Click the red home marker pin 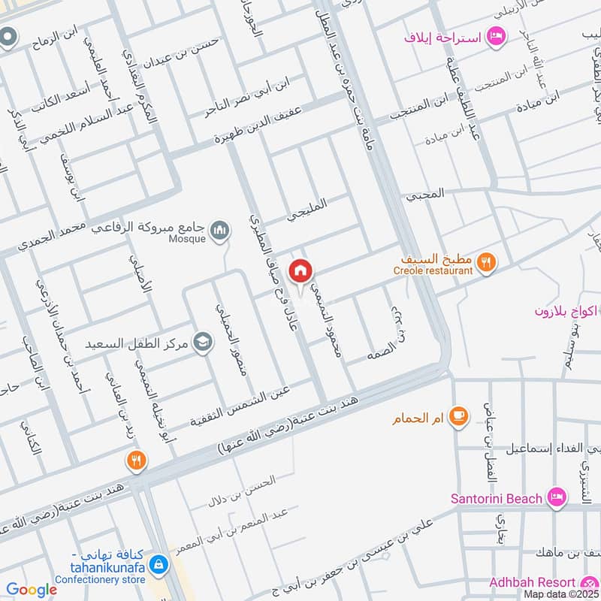point(301,270)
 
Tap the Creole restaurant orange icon point(487,262)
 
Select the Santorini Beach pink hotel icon point(556,497)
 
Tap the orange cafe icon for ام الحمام point(458,417)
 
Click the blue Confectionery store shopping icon point(159,563)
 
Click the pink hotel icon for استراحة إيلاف point(495,35)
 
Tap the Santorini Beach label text point(496,498)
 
